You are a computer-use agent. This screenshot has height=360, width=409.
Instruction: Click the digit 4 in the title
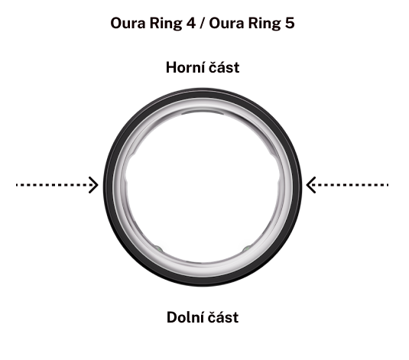(x=190, y=23)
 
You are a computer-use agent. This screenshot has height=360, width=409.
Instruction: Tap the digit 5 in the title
(x=290, y=23)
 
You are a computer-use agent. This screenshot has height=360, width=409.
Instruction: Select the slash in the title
(x=203, y=23)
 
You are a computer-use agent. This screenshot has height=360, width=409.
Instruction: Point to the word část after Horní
(x=224, y=67)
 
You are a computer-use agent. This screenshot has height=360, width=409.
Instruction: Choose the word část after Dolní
(x=223, y=317)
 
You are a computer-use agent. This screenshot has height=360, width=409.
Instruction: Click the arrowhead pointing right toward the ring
(x=93, y=185)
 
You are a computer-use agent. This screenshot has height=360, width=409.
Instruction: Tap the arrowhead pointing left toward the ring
(x=311, y=185)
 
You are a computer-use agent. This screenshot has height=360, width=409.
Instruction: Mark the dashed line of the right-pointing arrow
(x=55, y=185)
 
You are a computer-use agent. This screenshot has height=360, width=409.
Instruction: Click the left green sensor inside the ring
(x=158, y=248)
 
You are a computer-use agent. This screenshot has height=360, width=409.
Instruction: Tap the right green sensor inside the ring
(x=247, y=248)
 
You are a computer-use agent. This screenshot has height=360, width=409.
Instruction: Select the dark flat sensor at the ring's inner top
(x=203, y=112)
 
